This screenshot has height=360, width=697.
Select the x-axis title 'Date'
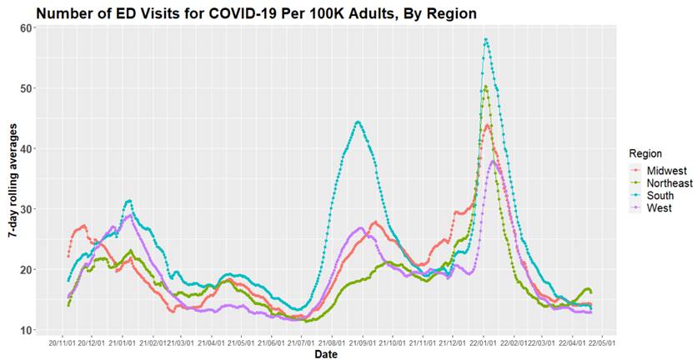click(326, 354)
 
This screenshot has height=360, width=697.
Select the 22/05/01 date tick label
click(600, 342)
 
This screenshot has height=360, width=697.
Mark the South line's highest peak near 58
click(485, 39)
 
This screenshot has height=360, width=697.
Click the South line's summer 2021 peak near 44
click(358, 122)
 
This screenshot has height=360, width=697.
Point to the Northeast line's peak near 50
click(485, 86)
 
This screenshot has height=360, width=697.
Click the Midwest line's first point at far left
click(68, 256)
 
